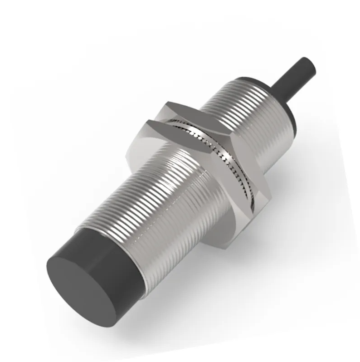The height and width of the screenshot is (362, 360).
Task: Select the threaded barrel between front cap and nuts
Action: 168,200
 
